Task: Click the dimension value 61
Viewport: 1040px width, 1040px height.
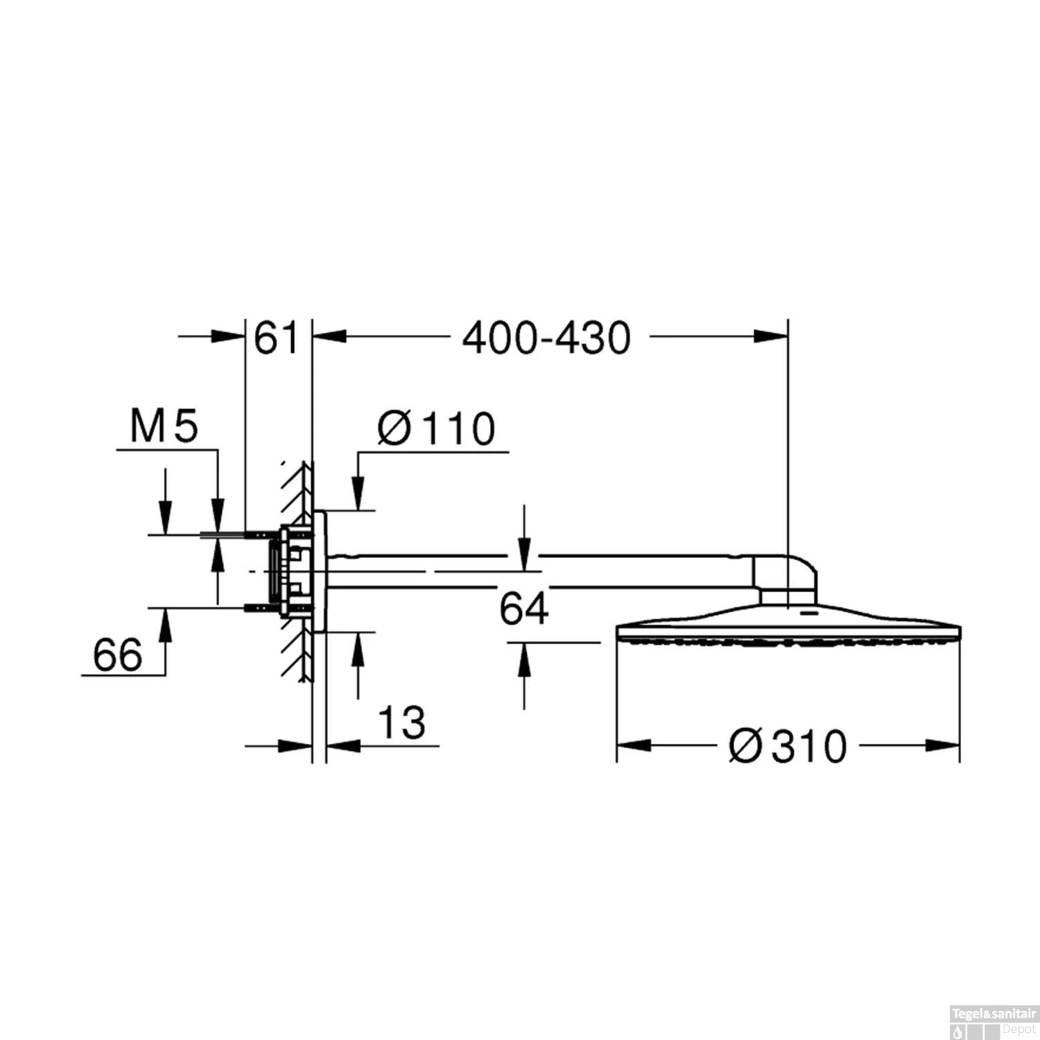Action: coord(276,338)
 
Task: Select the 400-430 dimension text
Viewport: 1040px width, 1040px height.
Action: coord(546,338)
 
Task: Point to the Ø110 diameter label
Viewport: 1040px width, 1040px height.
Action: coord(437,428)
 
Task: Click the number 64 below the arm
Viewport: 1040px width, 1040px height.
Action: coord(524,609)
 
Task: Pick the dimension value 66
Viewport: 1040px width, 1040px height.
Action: coord(118,655)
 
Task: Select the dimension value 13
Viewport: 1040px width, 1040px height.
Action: coord(401,722)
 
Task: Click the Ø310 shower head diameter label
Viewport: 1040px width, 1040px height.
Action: coord(788,747)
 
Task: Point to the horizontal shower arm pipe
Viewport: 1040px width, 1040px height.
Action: coord(541,572)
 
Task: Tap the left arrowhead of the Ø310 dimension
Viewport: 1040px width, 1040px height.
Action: coord(632,746)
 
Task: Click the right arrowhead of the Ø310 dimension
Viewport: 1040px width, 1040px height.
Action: coord(944,746)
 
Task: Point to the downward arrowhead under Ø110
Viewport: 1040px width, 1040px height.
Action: coord(358,495)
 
